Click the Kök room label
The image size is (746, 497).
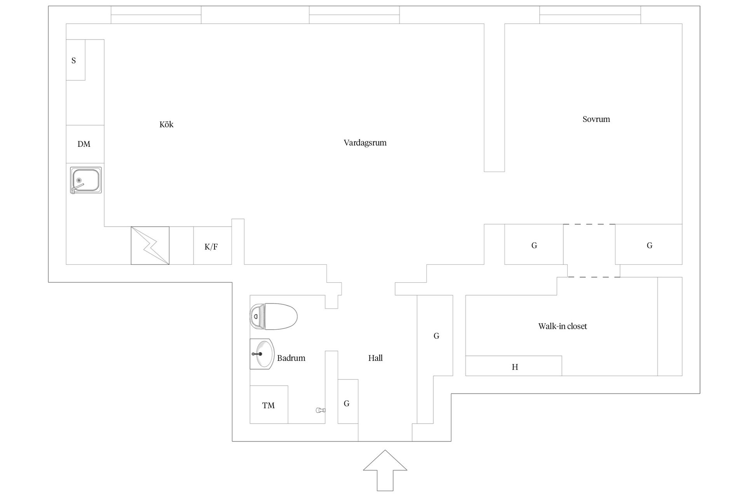click(166, 125)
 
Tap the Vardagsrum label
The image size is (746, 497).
click(365, 143)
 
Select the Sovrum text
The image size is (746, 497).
click(596, 119)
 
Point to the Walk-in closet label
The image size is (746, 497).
click(563, 326)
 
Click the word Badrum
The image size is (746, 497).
click(291, 358)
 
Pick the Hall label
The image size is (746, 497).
click(375, 358)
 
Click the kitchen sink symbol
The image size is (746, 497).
click(86, 180)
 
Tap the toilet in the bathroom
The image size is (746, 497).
click(274, 316)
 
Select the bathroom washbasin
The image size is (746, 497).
click(262, 354)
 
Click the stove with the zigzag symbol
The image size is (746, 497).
click(150, 245)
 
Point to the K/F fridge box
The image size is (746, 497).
click(213, 245)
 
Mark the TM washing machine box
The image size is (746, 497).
click(269, 404)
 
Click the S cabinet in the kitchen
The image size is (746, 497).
click(75, 60)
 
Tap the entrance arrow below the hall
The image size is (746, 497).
click(385, 470)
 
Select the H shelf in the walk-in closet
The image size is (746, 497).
click(514, 366)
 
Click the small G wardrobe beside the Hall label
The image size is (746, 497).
click(348, 401)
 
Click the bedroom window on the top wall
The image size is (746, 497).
click(590, 15)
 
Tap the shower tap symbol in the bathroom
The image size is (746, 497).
click(321, 410)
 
